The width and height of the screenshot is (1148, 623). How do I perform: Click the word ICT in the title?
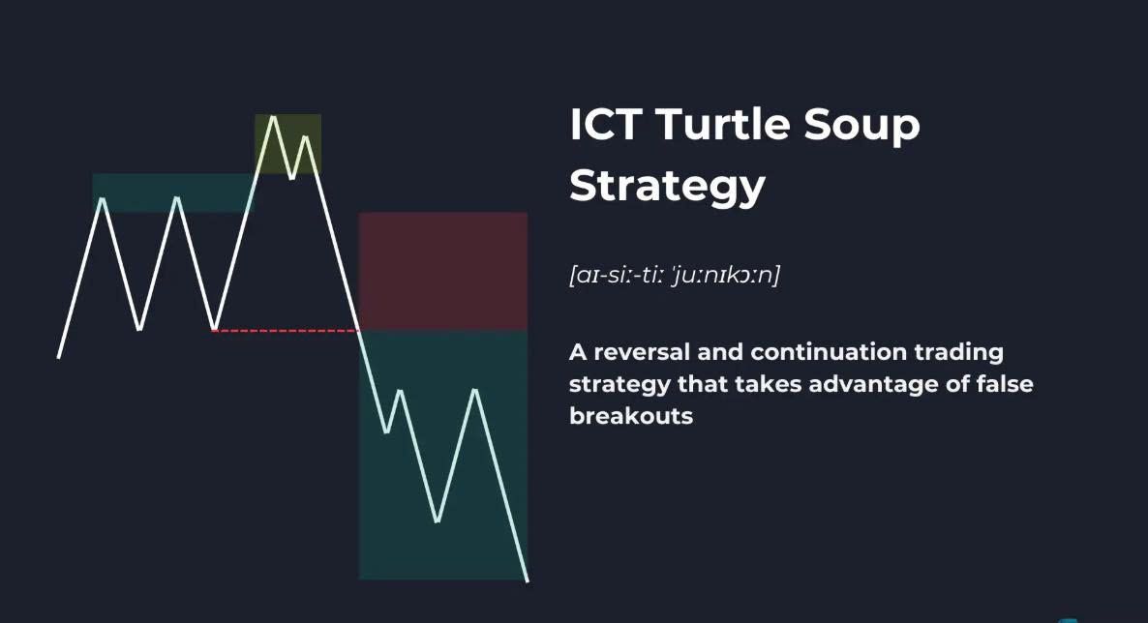pos(606,124)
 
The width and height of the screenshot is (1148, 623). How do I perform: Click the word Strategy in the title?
pos(667,188)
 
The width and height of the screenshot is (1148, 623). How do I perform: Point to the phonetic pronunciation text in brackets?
pos(675,275)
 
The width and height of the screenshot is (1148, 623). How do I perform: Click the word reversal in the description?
pos(642,352)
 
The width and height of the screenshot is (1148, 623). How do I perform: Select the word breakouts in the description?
pos(631,416)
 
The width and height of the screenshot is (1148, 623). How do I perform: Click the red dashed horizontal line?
pos(285,331)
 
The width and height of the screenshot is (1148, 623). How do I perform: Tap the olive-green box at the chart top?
pos(287,143)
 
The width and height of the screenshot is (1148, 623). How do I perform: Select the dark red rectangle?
pos(443,272)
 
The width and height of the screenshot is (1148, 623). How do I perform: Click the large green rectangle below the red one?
pos(443,455)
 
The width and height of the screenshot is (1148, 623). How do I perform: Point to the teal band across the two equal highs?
pos(173,193)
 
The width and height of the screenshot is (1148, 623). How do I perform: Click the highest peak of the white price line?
pos(272,116)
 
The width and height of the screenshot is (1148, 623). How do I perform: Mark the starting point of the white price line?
pos(59,357)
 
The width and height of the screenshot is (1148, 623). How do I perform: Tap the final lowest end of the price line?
pos(528,581)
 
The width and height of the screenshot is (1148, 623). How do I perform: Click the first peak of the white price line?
pos(102,198)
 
